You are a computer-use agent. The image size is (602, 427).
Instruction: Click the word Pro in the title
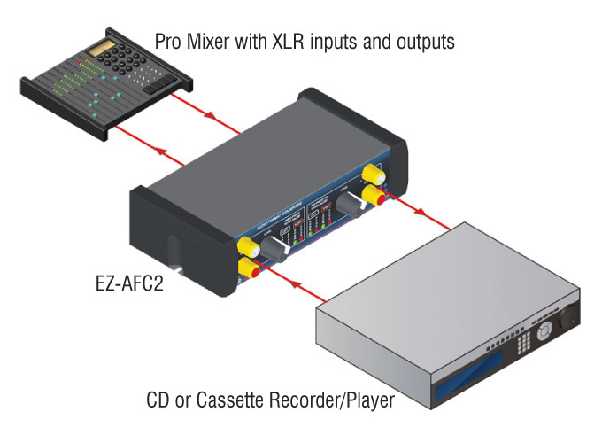(x=169, y=42)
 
